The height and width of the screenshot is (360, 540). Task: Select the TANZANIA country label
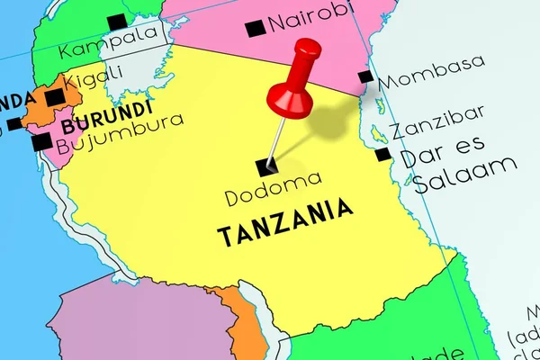point(285,223)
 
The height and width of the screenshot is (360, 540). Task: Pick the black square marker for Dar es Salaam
point(383,155)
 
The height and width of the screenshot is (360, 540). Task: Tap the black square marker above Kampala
point(116,22)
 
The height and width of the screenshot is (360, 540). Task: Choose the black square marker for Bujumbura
point(41,142)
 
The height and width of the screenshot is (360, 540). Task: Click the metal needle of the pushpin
point(279,139)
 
